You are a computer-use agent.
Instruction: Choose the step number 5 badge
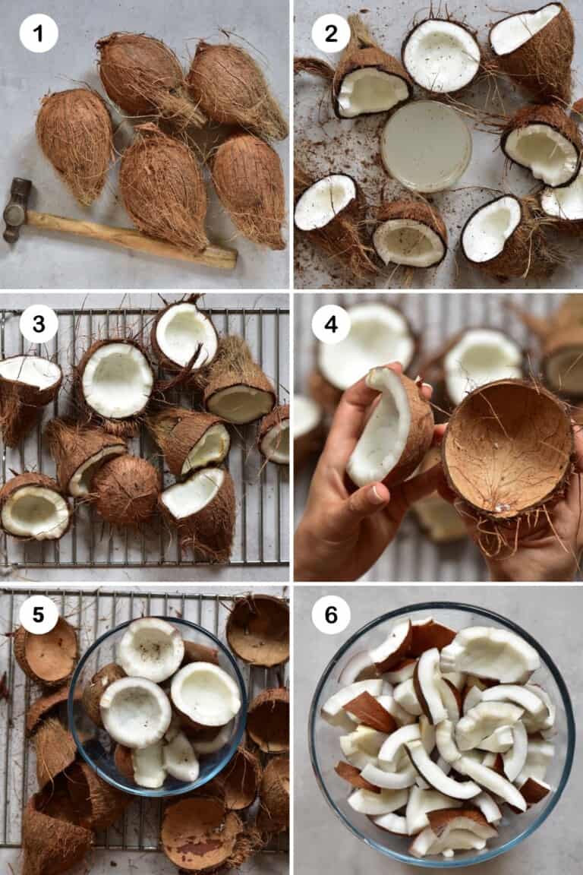[x=39, y=614]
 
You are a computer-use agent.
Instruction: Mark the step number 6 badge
[x=331, y=614]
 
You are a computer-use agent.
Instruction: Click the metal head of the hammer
[x=17, y=210]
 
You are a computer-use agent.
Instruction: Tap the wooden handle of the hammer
[x=129, y=237]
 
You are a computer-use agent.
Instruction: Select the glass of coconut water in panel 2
[x=426, y=146]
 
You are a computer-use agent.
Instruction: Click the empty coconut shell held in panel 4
[x=507, y=448]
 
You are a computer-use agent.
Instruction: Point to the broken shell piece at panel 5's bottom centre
[x=200, y=836]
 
